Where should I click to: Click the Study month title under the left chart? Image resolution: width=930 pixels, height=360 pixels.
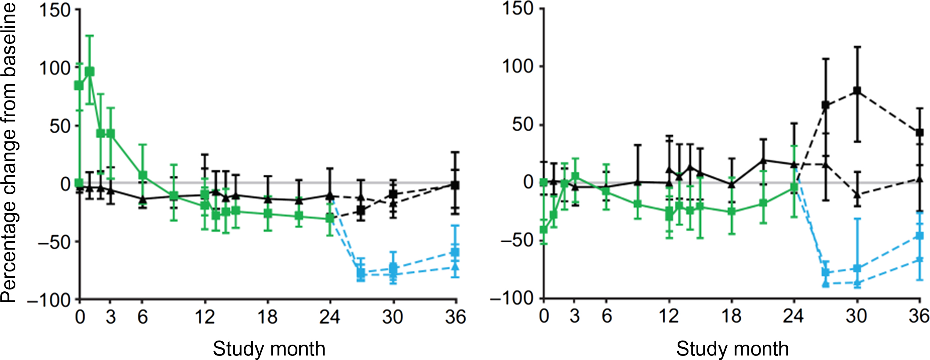pyautogui.click(x=269, y=349)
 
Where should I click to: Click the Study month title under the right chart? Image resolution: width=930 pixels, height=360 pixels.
pyautogui.click(x=732, y=349)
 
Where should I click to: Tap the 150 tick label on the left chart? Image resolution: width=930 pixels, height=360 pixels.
pyautogui.click(x=55, y=10)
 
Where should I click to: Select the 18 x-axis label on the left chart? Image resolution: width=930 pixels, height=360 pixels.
pyautogui.click(x=267, y=317)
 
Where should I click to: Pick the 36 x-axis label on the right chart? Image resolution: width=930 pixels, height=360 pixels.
pyautogui.click(x=919, y=316)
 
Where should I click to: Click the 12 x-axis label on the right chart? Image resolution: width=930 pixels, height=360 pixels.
pyautogui.click(x=669, y=316)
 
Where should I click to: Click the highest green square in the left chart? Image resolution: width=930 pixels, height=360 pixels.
pyautogui.click(x=90, y=72)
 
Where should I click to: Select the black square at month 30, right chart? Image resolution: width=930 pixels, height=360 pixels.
pyautogui.click(x=857, y=90)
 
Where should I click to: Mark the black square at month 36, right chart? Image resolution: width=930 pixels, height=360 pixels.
pyautogui.click(x=919, y=132)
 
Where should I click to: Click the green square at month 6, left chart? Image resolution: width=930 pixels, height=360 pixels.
pyautogui.click(x=142, y=175)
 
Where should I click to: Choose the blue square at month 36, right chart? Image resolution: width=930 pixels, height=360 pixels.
pyautogui.click(x=919, y=236)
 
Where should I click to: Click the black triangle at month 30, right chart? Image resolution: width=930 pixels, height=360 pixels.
pyautogui.click(x=857, y=194)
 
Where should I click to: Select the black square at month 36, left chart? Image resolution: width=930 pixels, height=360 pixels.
pyautogui.click(x=455, y=185)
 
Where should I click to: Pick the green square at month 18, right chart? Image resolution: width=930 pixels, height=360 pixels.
pyautogui.click(x=732, y=211)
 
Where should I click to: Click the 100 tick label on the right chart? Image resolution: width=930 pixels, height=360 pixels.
pyautogui.click(x=517, y=66)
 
